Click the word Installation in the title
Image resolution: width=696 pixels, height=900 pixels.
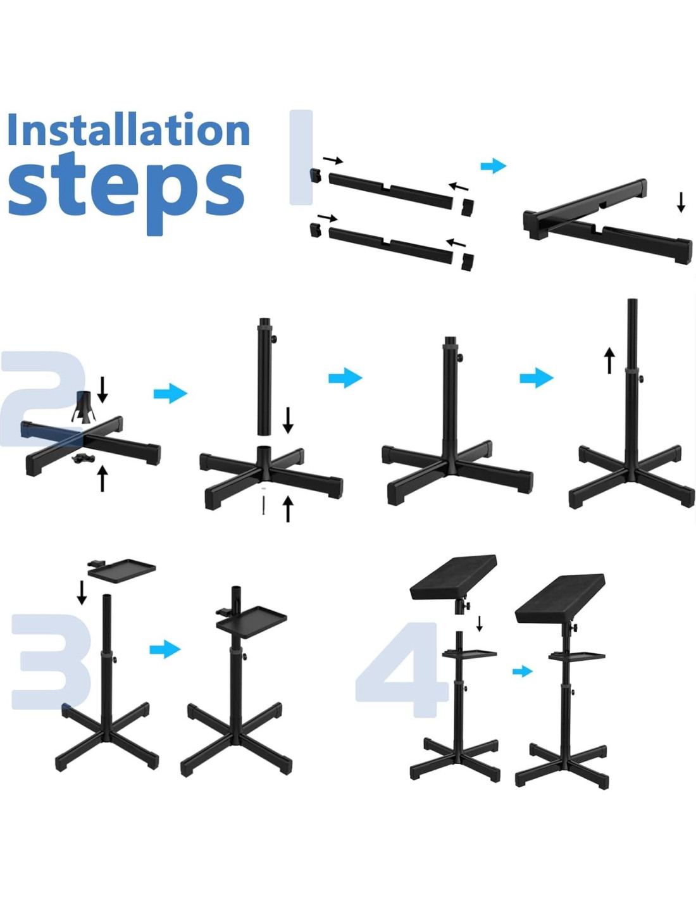coord(129,129)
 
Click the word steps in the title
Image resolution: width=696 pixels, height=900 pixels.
coord(126,192)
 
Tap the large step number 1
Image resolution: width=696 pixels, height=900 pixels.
coord(301,158)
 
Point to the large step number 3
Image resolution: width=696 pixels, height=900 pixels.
coord(52,661)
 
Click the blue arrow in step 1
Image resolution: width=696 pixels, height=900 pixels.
coord(493,166)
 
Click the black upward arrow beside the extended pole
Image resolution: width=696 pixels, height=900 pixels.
coord(609,360)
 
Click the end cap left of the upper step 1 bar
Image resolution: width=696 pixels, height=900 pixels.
coord(316,175)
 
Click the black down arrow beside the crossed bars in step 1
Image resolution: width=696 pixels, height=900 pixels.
coord(681,203)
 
